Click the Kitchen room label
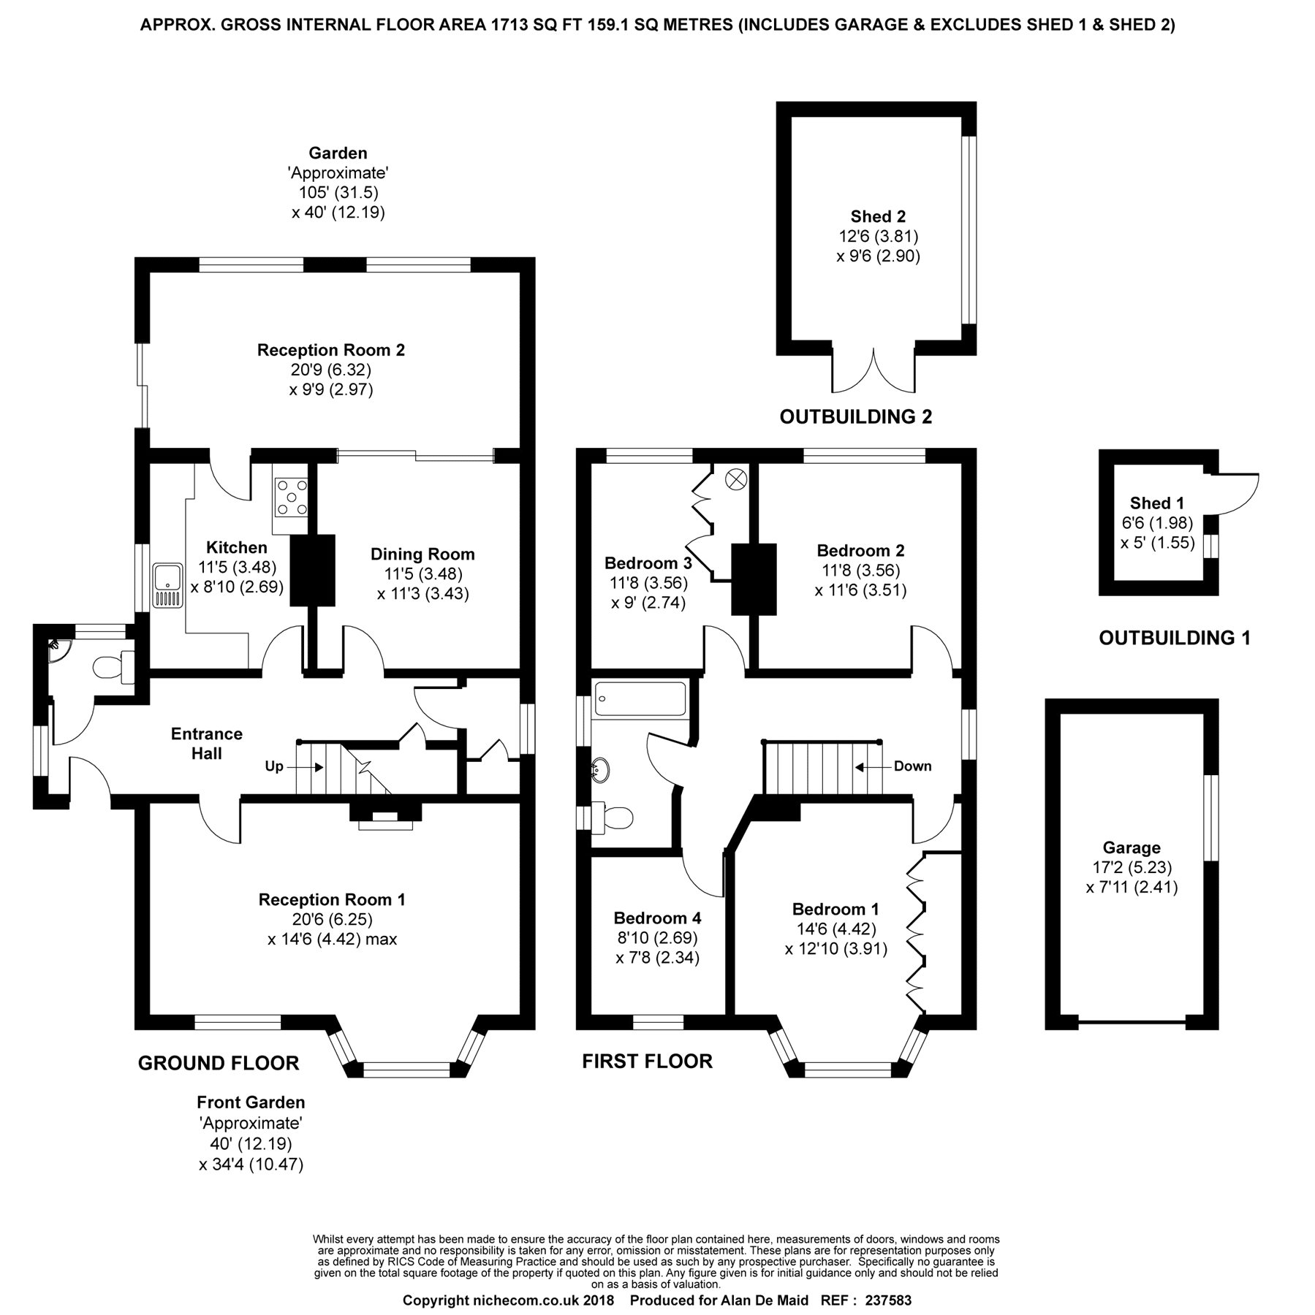coord(236,547)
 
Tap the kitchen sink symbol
coord(167,585)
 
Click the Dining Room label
coord(422,554)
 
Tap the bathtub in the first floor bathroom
coord(640,698)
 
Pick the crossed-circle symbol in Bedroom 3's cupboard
coord(735,479)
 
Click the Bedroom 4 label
coord(657,918)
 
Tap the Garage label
coord(1132,847)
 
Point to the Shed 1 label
coord(1156,503)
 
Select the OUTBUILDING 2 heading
coord(855,417)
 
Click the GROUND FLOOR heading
coord(219,1063)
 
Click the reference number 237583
coord(888,1300)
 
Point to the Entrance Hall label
coord(206,743)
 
